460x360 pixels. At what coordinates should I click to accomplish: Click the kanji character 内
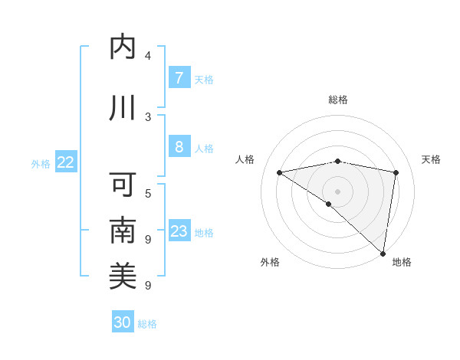(123, 47)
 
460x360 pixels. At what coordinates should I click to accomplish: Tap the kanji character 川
(123, 108)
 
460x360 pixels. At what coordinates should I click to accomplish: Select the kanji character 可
(123, 185)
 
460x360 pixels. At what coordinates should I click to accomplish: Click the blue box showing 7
(179, 77)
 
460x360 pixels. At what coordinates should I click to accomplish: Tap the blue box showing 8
(179, 147)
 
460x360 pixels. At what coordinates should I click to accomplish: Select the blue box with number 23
(179, 231)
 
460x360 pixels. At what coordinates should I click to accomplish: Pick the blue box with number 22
(65, 162)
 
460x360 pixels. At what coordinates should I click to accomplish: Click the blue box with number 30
(123, 322)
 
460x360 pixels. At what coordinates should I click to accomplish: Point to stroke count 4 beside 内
(148, 56)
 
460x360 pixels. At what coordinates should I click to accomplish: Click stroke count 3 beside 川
(148, 116)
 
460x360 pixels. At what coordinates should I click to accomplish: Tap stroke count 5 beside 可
(148, 193)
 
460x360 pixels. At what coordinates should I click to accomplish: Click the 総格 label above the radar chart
(338, 100)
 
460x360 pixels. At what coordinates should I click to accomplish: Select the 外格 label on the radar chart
(270, 262)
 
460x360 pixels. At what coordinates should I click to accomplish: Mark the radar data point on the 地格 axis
(383, 254)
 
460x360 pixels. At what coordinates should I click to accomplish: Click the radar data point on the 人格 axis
(280, 172)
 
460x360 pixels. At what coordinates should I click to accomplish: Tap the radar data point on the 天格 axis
(396, 172)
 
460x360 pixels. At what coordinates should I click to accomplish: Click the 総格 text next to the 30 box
(147, 324)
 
